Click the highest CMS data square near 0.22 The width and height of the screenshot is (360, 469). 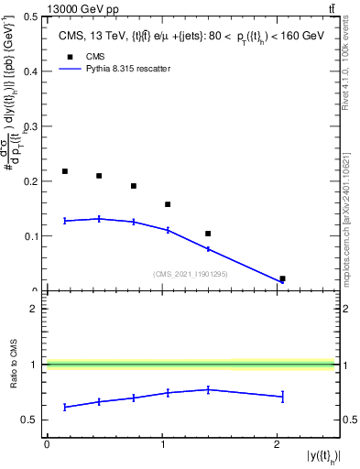point(65,171)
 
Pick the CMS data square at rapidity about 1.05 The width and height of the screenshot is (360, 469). point(168,204)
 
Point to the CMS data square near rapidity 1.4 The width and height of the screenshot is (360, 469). point(208,234)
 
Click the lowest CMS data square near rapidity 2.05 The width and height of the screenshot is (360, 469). point(282,278)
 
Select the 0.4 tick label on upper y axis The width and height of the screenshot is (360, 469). point(31,71)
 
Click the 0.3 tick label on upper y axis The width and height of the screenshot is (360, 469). point(31,126)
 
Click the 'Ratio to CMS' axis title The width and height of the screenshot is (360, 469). point(14,365)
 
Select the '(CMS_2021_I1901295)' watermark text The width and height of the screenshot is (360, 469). point(190,274)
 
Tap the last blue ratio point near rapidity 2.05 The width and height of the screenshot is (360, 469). point(282,397)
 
